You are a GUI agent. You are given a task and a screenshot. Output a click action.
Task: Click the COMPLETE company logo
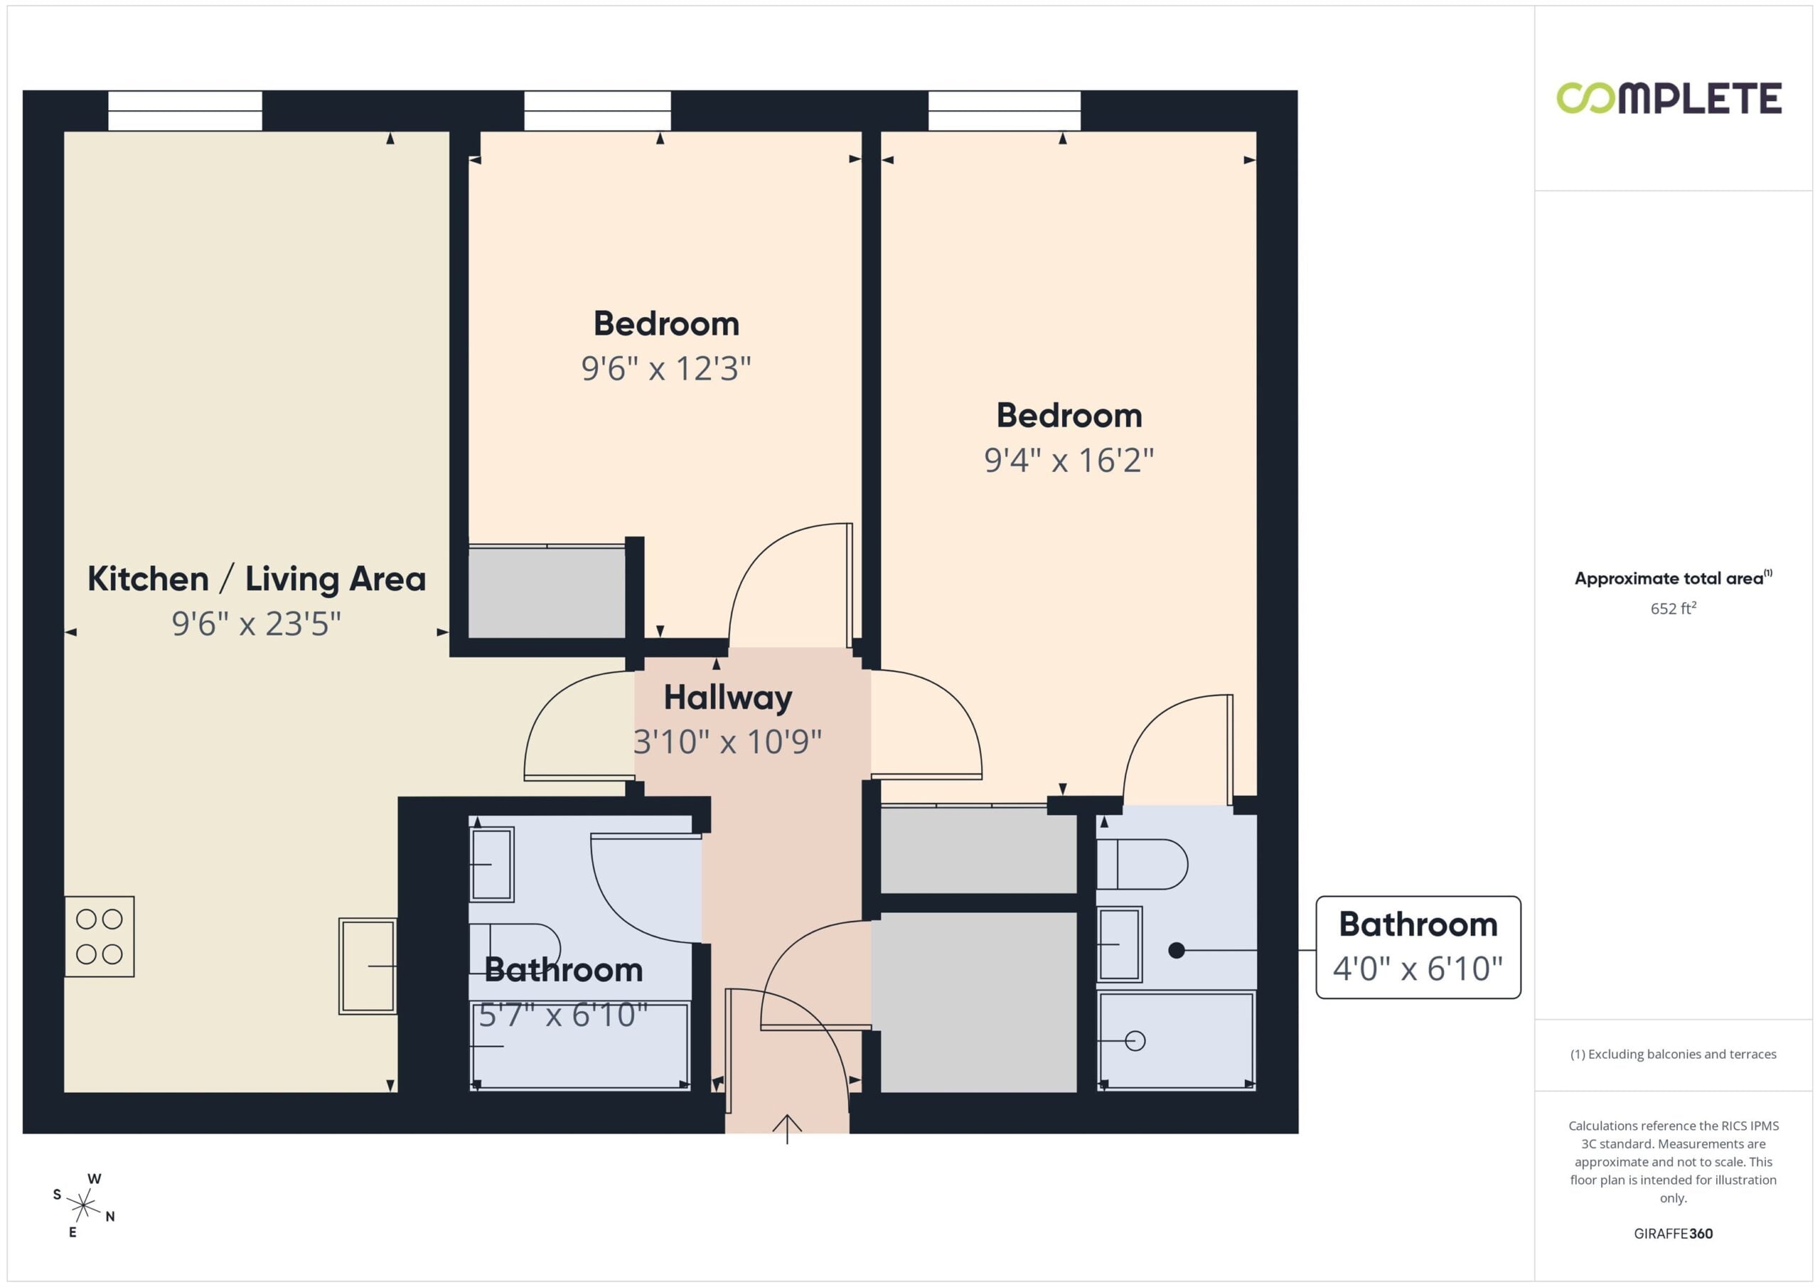point(1669,98)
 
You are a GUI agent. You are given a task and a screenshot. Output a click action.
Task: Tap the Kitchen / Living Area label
point(256,579)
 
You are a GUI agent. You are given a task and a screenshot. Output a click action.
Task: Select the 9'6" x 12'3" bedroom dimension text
point(666,369)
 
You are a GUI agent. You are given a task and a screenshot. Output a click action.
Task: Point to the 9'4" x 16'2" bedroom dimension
point(1069,460)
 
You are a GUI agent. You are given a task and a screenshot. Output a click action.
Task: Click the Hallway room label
point(728,698)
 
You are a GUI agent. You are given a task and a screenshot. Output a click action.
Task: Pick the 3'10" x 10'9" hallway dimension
point(728,742)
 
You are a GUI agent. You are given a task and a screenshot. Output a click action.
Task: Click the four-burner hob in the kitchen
point(99,936)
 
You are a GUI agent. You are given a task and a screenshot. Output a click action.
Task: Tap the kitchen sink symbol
point(368,965)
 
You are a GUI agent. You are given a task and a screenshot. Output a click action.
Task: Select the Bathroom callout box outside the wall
point(1418,947)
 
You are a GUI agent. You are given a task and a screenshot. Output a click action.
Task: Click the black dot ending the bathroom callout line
point(1177,949)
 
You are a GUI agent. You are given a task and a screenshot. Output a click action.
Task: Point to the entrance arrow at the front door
point(786,1129)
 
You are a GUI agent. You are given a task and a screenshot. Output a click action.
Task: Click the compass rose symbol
point(83,1205)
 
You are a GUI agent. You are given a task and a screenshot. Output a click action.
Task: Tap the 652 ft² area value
point(1674,608)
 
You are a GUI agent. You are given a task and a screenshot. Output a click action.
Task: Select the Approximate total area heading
point(1673,578)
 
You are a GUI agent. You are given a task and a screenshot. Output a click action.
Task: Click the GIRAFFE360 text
point(1674,1233)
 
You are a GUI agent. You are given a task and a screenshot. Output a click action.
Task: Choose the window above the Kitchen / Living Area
point(185,111)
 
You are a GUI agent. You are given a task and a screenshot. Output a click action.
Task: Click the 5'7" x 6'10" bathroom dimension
point(564,1014)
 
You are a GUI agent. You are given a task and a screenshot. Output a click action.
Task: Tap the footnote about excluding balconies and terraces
point(1674,1054)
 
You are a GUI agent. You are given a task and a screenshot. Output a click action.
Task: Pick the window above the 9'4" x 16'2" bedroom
point(1005,111)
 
